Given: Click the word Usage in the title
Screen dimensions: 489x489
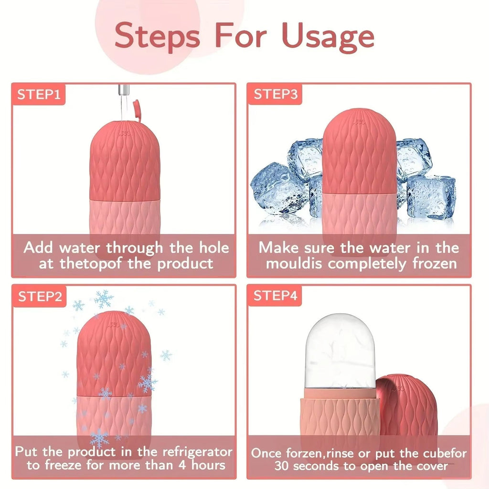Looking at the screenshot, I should coord(328,36).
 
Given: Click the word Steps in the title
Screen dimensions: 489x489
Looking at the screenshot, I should coord(158,36).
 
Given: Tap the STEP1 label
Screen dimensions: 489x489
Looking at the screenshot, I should coord(39,94).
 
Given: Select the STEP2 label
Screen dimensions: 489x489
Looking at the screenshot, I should coord(40,297).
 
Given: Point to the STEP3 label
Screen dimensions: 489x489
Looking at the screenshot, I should coord(276,94).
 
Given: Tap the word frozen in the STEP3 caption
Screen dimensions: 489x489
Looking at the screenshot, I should coord(432,263).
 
